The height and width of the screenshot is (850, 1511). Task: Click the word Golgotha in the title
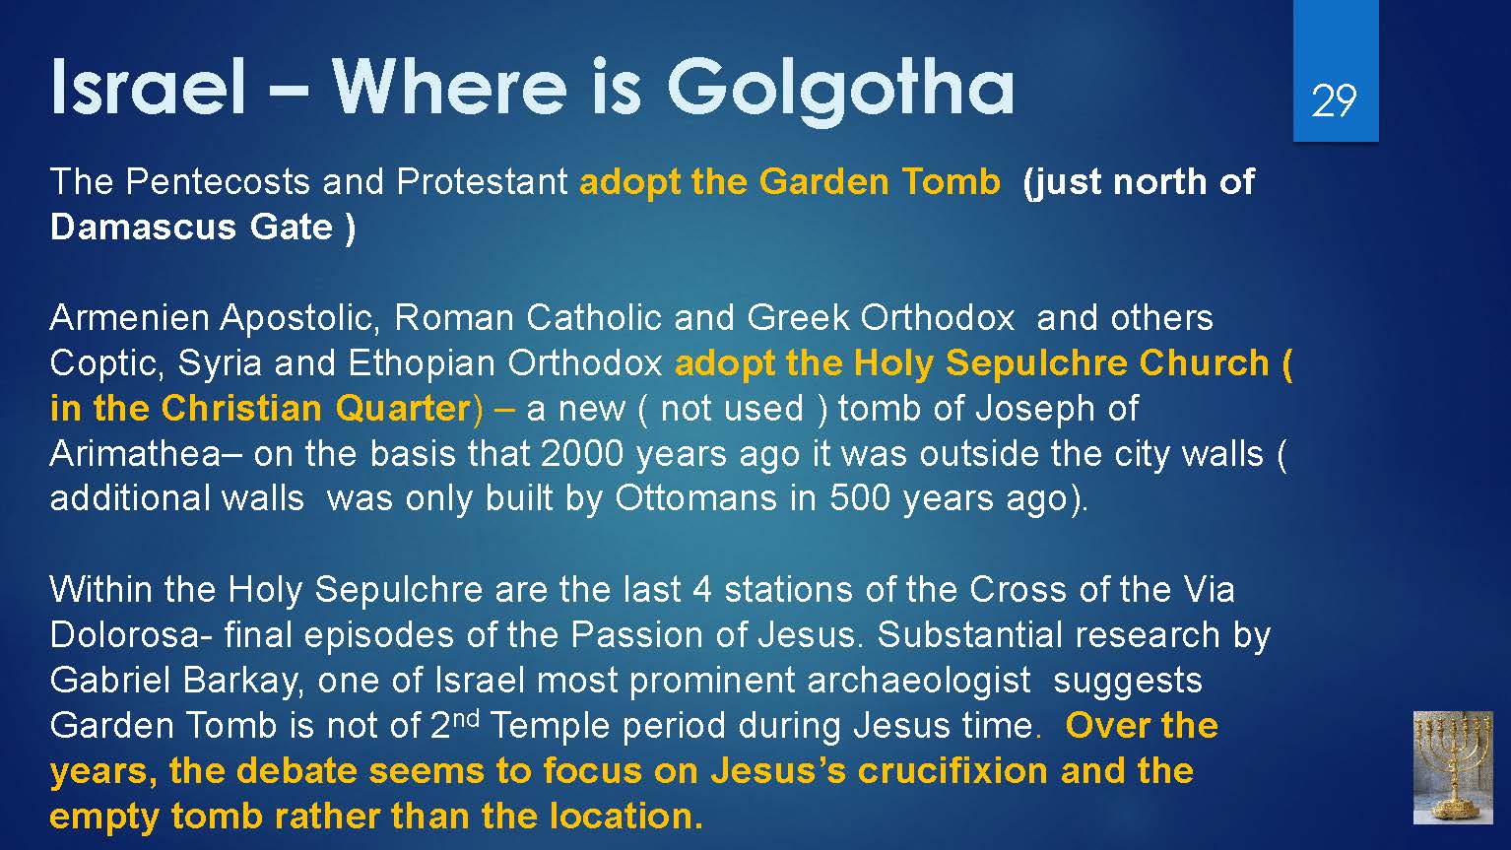[840, 91]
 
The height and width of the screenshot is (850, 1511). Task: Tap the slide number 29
[1334, 101]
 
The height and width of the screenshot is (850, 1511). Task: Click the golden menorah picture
[1453, 767]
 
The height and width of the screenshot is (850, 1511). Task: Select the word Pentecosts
[218, 181]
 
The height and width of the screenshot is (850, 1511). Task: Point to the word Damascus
[143, 227]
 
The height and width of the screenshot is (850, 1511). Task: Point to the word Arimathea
[135, 453]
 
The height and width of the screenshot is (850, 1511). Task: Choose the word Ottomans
[696, 498]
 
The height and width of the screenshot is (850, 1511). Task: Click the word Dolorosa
[125, 635]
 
